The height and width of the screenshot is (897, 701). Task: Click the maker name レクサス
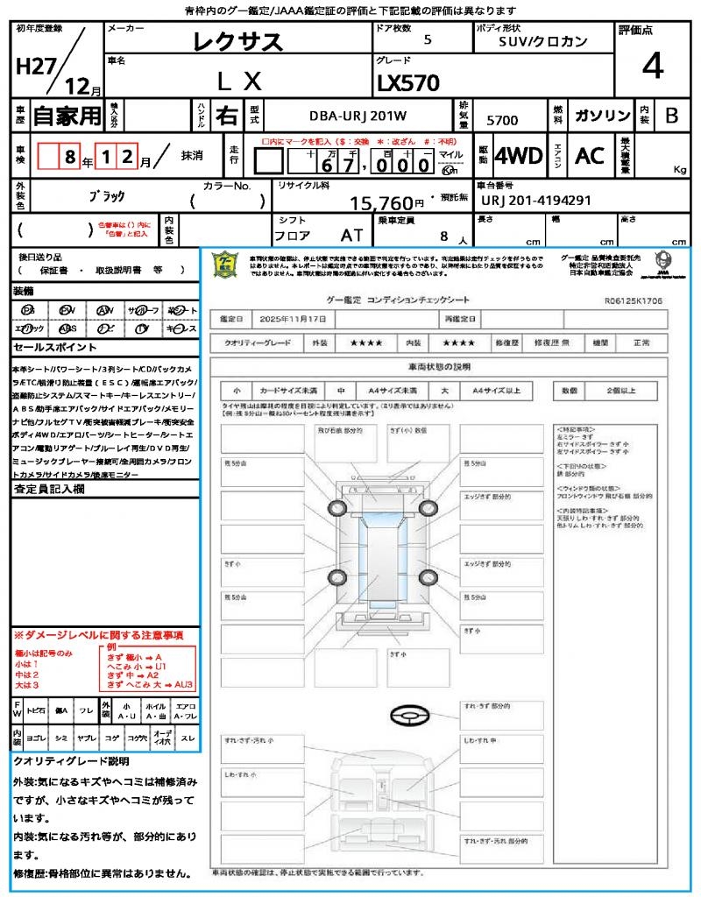237,41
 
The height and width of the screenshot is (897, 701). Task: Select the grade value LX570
407,82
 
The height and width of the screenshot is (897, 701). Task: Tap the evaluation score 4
651,66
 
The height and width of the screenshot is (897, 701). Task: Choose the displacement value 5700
502,120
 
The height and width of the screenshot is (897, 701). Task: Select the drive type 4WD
518,156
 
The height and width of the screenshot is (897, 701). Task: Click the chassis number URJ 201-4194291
536,201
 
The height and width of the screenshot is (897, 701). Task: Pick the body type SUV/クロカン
542,40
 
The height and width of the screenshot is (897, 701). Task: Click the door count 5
427,40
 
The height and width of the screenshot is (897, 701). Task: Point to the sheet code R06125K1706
633,299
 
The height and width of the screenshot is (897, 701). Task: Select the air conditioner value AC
590,156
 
